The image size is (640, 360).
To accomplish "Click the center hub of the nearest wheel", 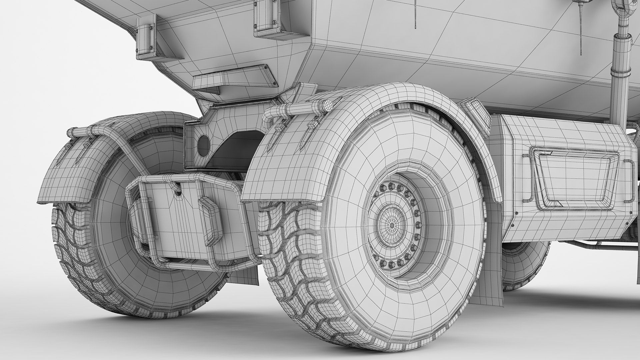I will [x=392, y=225].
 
